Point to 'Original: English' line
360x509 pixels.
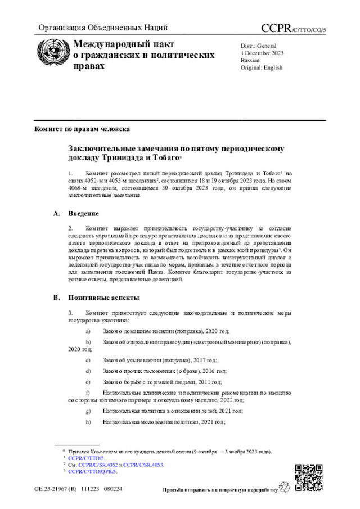(262, 67)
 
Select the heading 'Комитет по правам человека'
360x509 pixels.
(82, 129)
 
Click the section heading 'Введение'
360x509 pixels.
(84, 214)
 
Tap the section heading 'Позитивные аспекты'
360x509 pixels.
(104, 298)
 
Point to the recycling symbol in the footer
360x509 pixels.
(285, 489)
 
